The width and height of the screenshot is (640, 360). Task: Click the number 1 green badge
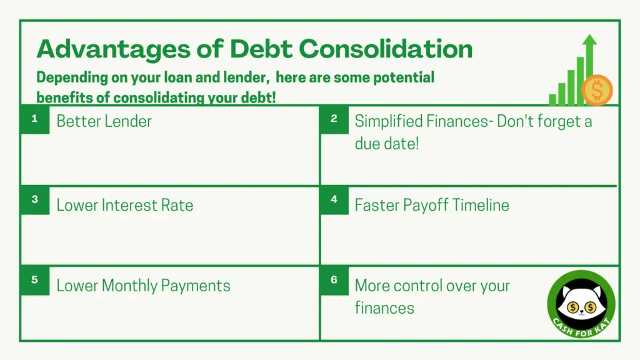[x=35, y=119]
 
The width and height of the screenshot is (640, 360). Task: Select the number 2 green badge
[x=334, y=119]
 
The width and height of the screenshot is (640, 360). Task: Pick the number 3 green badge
[x=35, y=200]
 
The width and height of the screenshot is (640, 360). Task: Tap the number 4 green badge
[x=334, y=200]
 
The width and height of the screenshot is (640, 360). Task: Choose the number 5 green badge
[x=35, y=281]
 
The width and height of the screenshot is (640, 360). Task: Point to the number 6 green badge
[x=334, y=281]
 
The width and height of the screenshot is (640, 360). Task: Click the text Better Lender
[x=104, y=121]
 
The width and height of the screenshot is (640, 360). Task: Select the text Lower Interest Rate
[x=125, y=205]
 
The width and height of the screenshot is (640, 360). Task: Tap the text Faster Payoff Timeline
[x=432, y=205]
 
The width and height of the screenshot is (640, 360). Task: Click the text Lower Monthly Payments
[x=143, y=286]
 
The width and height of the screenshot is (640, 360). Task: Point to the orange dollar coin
[x=597, y=90]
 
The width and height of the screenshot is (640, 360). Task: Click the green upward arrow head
[x=589, y=39]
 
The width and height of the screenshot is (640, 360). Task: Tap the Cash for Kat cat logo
[x=581, y=304]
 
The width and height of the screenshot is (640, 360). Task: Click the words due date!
[x=386, y=144]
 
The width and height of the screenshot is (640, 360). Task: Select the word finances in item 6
[x=384, y=308]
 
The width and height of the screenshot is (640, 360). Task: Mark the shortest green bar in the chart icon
[x=552, y=99]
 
